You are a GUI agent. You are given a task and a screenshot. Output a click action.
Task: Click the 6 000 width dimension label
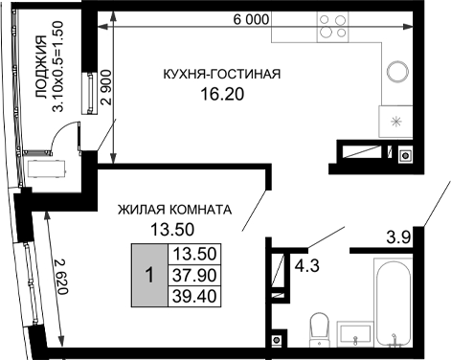tap(247, 19)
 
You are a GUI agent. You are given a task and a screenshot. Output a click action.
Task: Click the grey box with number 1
tap(148, 275)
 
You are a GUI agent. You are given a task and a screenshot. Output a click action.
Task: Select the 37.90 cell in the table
tap(194, 275)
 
